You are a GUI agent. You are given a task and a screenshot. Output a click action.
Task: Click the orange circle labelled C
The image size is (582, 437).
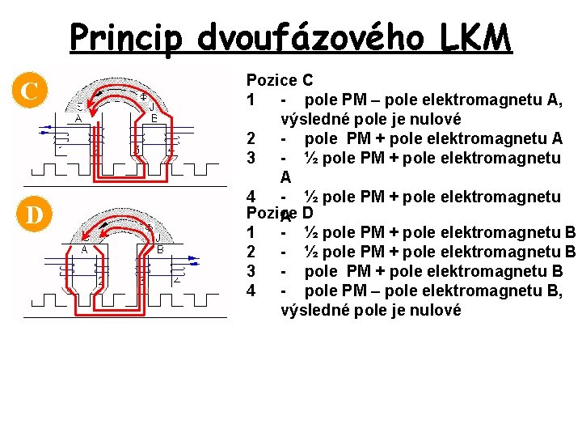(x=30, y=90)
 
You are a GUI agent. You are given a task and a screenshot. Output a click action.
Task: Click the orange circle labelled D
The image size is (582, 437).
(x=30, y=216)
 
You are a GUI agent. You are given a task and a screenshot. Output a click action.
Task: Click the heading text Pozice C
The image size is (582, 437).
(x=279, y=80)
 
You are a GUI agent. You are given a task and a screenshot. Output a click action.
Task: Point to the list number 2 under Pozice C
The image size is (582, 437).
(x=252, y=138)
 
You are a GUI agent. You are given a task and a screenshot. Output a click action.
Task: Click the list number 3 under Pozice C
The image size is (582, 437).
(x=252, y=158)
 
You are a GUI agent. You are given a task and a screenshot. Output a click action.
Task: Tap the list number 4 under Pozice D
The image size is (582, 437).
(x=252, y=291)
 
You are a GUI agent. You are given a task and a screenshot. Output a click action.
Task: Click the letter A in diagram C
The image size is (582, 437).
(x=78, y=118)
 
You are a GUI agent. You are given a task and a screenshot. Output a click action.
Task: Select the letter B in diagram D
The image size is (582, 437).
(x=160, y=249)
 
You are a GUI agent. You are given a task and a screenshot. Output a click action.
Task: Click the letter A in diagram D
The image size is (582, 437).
(x=84, y=249)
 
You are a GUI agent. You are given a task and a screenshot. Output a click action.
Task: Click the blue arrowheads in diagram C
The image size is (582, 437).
(x=47, y=128)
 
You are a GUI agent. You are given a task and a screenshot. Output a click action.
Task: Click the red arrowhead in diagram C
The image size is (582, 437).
(x=99, y=96)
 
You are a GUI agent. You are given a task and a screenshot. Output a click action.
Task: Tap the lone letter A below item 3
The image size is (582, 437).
(x=285, y=177)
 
